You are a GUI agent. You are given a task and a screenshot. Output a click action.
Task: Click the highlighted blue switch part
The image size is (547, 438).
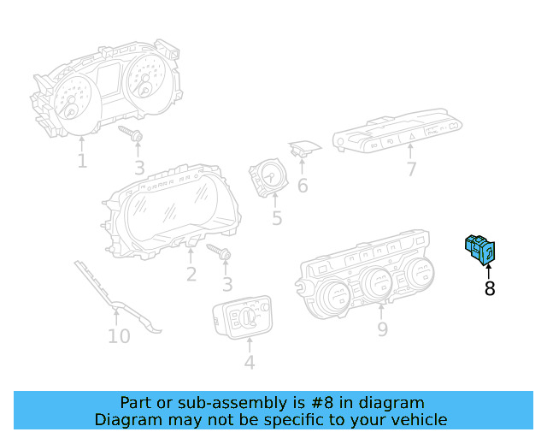480,250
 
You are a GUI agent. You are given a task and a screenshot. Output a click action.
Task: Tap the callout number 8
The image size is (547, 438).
490,288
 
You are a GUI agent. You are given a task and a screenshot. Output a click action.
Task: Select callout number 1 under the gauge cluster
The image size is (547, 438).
82,161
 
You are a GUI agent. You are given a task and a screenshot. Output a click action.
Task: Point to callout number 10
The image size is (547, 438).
119,336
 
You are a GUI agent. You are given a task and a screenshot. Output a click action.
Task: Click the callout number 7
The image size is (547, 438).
412,169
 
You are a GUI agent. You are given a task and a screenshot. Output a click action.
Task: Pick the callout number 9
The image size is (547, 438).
382,329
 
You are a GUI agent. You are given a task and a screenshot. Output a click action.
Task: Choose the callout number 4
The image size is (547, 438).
250,362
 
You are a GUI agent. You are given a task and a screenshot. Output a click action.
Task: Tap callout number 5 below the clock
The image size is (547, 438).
277,218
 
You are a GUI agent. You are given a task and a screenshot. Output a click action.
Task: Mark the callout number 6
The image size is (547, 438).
303,185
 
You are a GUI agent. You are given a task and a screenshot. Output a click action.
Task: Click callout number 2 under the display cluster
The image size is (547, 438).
191,275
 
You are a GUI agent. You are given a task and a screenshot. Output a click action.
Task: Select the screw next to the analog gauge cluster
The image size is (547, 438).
131,133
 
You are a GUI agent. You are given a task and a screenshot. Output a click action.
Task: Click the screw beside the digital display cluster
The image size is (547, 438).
219,252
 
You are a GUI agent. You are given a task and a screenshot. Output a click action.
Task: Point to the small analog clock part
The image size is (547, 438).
268,177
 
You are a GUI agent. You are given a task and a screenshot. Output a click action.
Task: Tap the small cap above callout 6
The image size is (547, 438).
303,149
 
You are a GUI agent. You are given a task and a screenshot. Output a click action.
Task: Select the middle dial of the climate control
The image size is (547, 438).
378,281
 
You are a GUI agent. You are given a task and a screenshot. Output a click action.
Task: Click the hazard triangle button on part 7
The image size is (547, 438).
412,136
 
